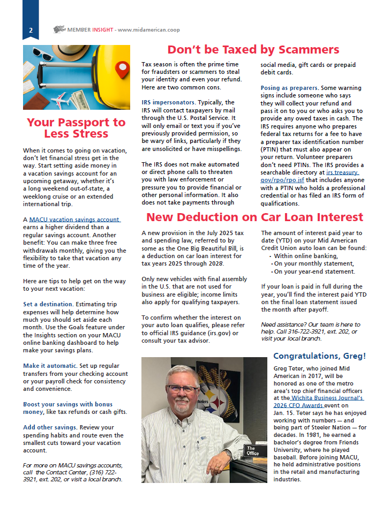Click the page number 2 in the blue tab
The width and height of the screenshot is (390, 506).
(x=31, y=30)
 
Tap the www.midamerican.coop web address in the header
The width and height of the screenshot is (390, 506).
(x=147, y=30)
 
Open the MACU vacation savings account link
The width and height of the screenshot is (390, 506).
(x=74, y=220)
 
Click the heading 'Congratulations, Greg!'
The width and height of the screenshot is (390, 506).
(x=319, y=356)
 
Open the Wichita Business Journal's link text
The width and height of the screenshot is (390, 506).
(x=328, y=398)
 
